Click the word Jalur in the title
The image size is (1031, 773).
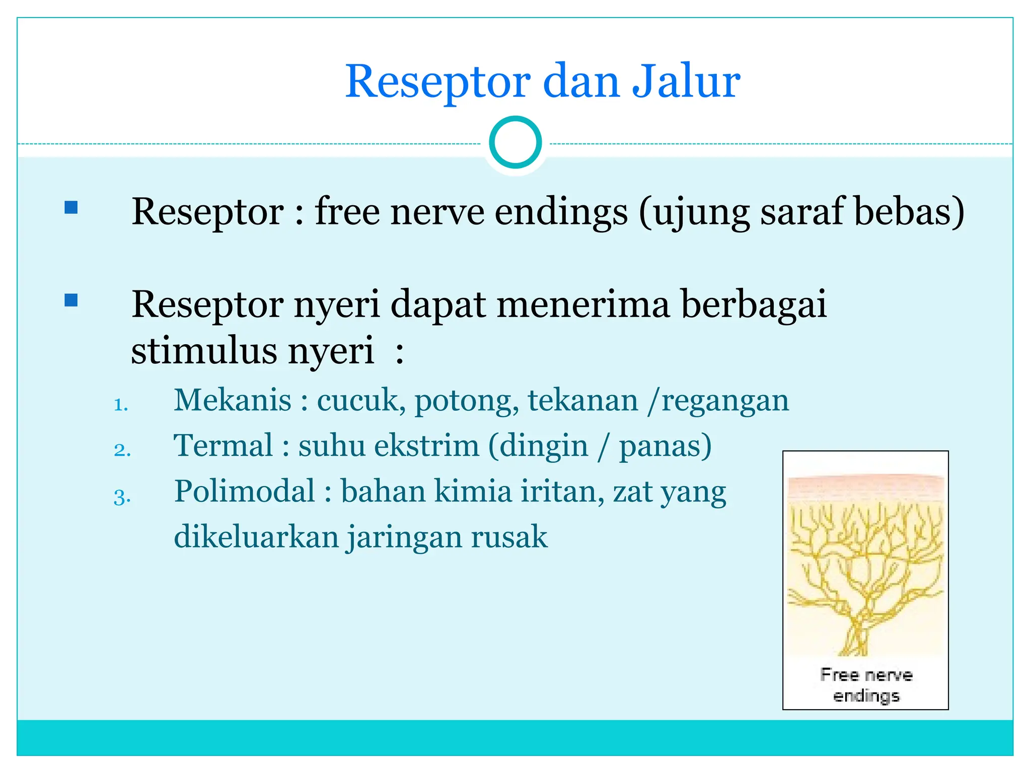[686, 82]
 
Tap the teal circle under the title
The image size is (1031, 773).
[515, 142]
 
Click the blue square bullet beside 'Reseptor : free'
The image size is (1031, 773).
[71, 207]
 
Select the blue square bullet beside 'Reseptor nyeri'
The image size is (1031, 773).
[71, 300]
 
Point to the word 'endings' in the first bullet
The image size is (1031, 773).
[561, 212]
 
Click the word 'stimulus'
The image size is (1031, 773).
[203, 350]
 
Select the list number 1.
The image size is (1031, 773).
[121, 405]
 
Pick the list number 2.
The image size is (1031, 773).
[122, 450]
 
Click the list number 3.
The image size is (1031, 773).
[122, 497]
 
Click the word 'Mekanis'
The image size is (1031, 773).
[233, 401]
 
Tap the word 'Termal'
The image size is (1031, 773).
[223, 446]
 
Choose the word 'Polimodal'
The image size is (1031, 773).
[245, 491]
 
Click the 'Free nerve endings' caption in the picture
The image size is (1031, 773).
[866, 685]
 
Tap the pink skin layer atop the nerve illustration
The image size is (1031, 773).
[866, 487]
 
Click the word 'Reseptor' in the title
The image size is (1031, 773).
[437, 82]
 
